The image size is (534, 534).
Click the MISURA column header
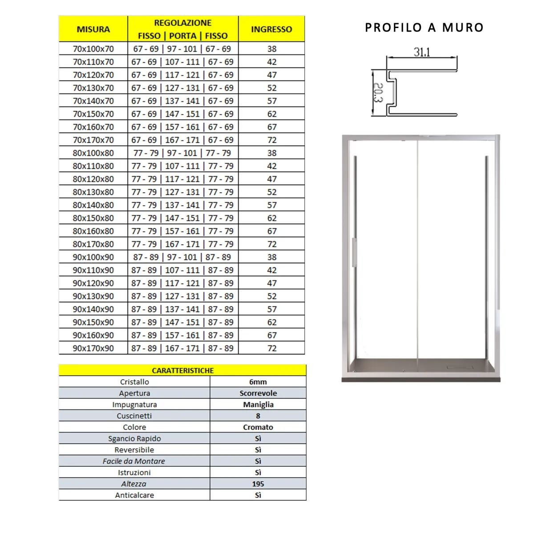coord(93,29)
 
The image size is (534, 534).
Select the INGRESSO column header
coord(271,29)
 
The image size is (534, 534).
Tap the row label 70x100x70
coord(93,49)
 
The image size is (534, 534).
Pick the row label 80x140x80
coord(93,205)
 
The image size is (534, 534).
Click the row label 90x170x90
coord(93,348)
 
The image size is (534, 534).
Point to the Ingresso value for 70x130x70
coord(272,88)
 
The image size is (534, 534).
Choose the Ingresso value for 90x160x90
coord(272,336)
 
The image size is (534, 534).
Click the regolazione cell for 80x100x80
coord(182,153)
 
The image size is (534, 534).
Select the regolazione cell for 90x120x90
coord(182,283)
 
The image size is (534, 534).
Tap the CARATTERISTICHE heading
coord(182,371)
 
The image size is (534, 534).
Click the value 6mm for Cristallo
coord(258,382)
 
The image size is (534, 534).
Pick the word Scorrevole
coord(258,393)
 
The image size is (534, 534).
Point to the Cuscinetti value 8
coord(258,416)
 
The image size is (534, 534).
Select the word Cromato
coord(258,427)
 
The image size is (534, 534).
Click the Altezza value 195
coord(258,484)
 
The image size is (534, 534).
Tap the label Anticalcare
coord(134,495)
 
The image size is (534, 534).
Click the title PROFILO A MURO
coord(424,28)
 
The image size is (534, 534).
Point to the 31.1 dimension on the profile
coord(422,52)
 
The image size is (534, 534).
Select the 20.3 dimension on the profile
coord(377,93)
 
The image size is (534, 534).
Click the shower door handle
coord(355,252)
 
